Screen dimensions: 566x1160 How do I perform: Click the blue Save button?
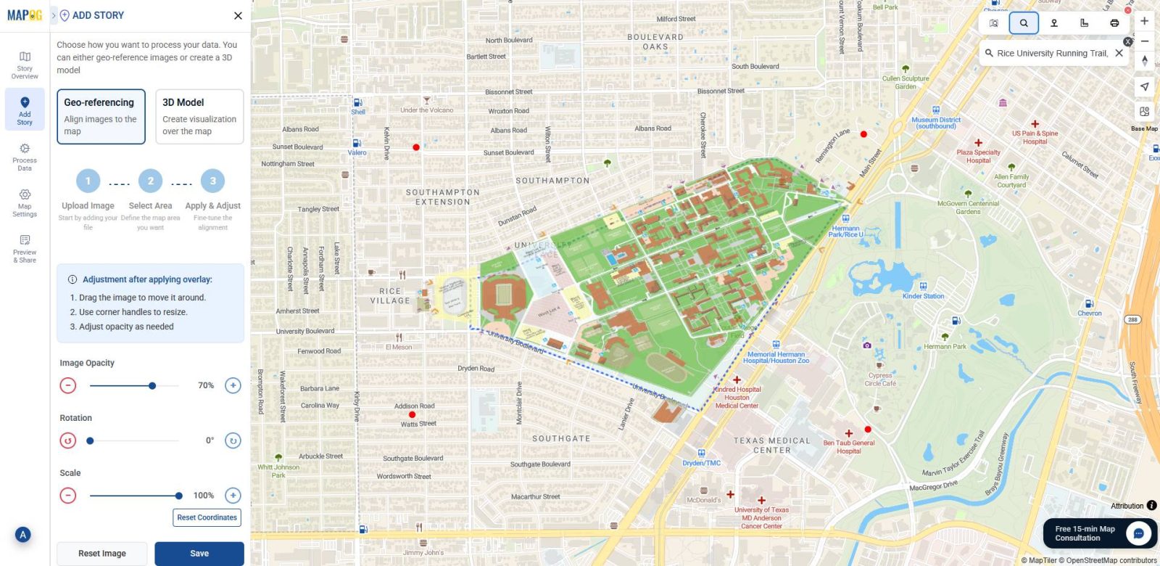point(199,553)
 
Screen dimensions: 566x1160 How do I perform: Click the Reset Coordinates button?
point(207,517)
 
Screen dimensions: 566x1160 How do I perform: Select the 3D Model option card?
point(199,117)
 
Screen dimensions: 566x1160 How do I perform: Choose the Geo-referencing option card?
point(101,117)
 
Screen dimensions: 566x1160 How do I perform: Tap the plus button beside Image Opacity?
point(233,385)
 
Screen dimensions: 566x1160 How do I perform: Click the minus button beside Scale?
point(68,496)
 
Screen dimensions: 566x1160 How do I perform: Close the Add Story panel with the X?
point(238,15)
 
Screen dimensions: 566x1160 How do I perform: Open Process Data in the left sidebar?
point(25,157)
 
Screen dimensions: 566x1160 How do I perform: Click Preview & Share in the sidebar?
point(25,248)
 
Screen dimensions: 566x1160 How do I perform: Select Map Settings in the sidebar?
point(25,202)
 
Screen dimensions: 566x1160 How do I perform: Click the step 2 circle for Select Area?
point(151,181)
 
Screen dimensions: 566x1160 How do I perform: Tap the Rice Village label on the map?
point(390,296)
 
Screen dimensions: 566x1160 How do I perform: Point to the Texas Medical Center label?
point(772,445)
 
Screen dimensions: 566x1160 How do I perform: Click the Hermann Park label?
point(945,346)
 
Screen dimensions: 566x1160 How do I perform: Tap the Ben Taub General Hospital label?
point(848,446)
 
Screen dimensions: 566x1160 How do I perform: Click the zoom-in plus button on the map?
point(1144,21)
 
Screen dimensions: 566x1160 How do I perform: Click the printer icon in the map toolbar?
point(1114,23)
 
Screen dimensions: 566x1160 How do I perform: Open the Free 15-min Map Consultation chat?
point(1099,533)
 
